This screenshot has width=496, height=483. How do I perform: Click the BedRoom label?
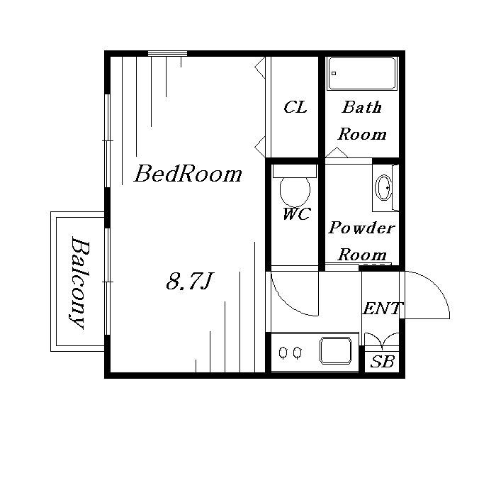(x=188, y=174)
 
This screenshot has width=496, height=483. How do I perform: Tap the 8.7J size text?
(x=190, y=281)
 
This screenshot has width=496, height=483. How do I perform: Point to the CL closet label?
(x=295, y=107)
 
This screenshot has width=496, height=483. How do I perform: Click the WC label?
(x=296, y=213)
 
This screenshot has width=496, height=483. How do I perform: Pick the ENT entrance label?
(x=382, y=309)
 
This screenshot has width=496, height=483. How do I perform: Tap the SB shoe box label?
(x=382, y=361)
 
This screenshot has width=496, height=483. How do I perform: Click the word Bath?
(x=362, y=107)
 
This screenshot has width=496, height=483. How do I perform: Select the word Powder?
(x=361, y=228)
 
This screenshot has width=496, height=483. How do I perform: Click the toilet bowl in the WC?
(x=295, y=191)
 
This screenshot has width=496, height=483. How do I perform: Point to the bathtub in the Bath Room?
(x=362, y=74)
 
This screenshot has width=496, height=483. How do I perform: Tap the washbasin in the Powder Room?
(x=383, y=187)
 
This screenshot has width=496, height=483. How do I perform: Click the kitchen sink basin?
(x=336, y=350)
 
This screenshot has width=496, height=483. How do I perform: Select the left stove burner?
(x=283, y=352)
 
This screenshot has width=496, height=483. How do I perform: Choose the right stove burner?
(x=297, y=352)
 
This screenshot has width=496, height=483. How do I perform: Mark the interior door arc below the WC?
(x=285, y=304)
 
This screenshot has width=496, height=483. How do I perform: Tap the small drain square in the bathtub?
(x=334, y=74)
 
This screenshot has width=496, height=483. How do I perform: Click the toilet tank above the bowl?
(x=295, y=171)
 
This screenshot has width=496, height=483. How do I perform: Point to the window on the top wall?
(x=168, y=53)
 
